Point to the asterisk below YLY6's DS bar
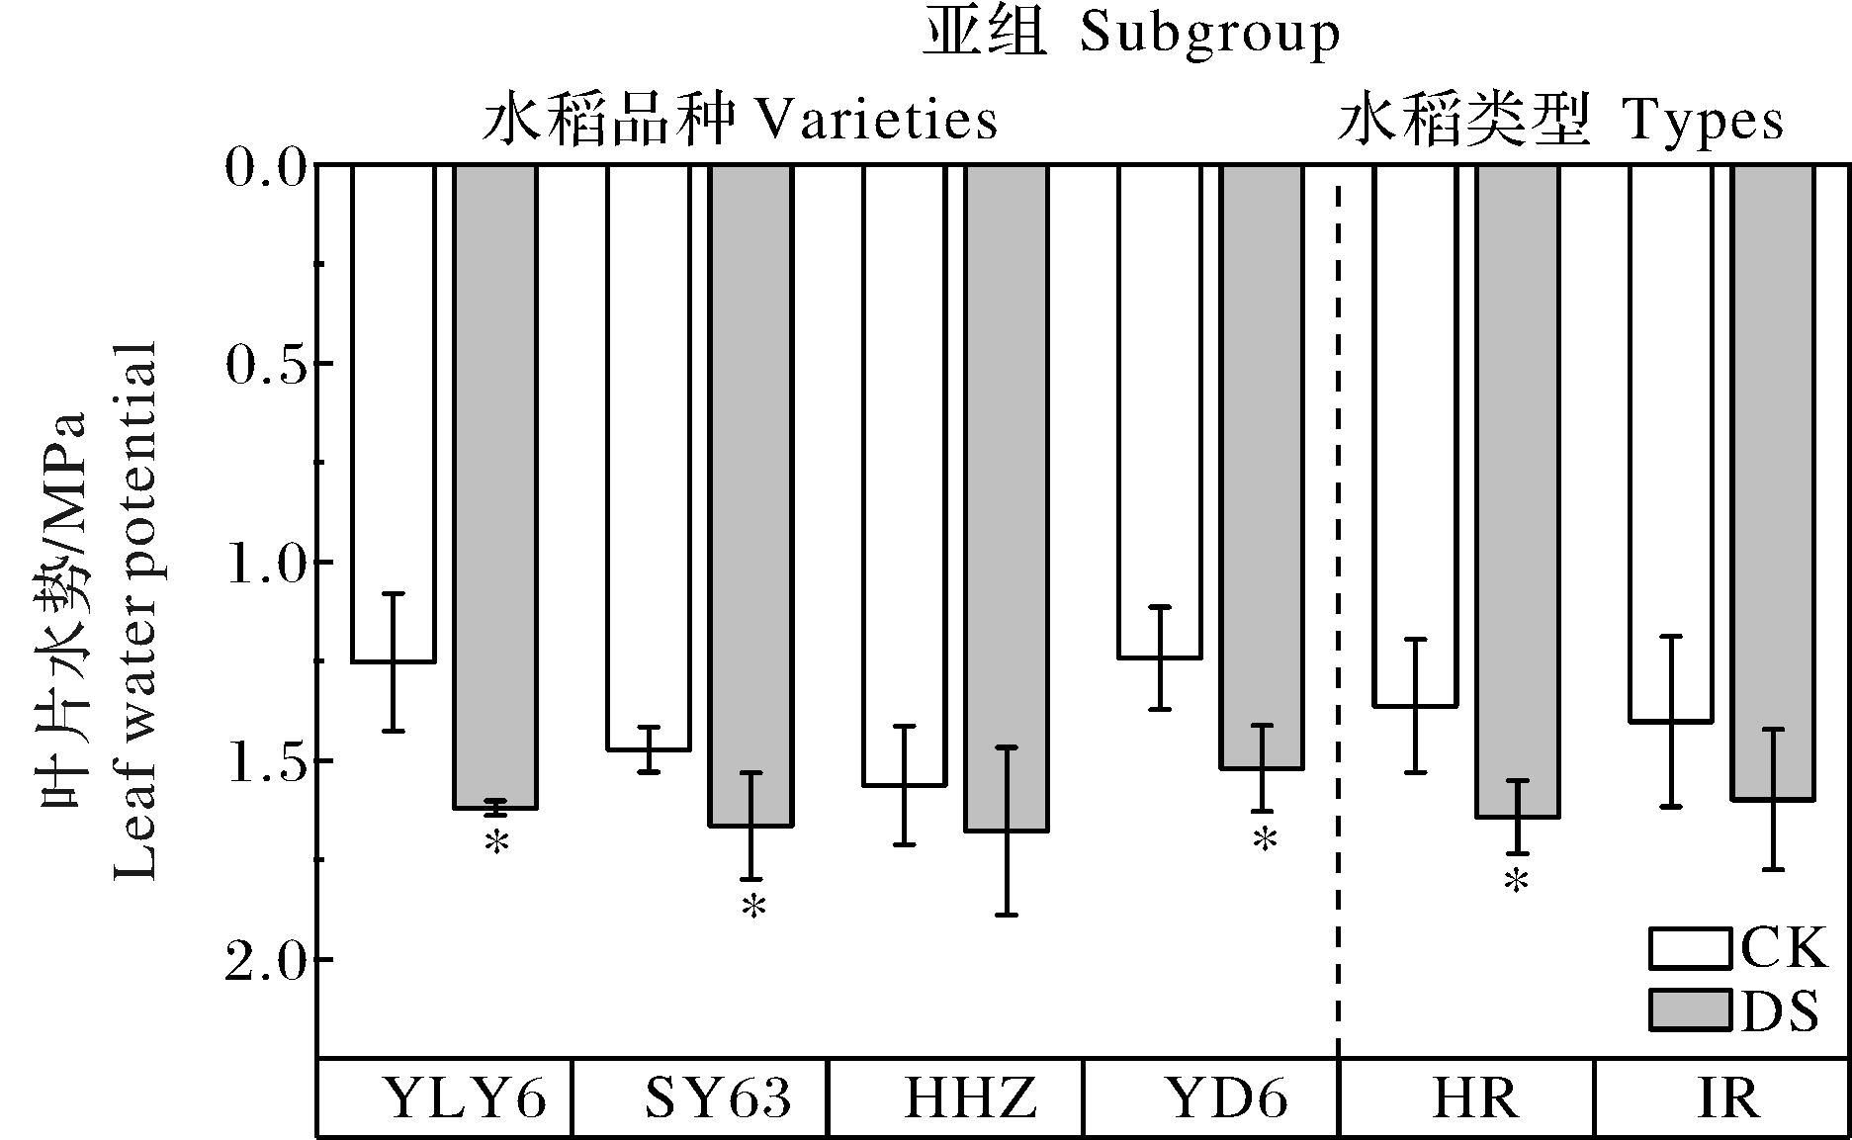[496, 843]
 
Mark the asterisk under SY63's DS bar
[753, 907]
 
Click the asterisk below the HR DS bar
[1516, 883]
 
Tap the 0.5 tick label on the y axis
[263, 365]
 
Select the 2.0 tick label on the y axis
[263, 961]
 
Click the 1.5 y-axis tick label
[263, 762]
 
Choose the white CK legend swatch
[1690, 948]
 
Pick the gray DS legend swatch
[1690, 1010]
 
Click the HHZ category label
[970, 1097]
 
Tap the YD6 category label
[1226, 1097]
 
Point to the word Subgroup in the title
[1209, 35]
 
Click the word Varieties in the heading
[876, 121]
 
